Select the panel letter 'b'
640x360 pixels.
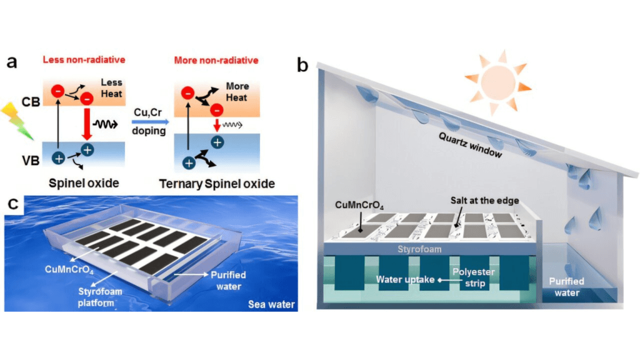302,65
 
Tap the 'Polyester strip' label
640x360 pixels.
472,279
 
